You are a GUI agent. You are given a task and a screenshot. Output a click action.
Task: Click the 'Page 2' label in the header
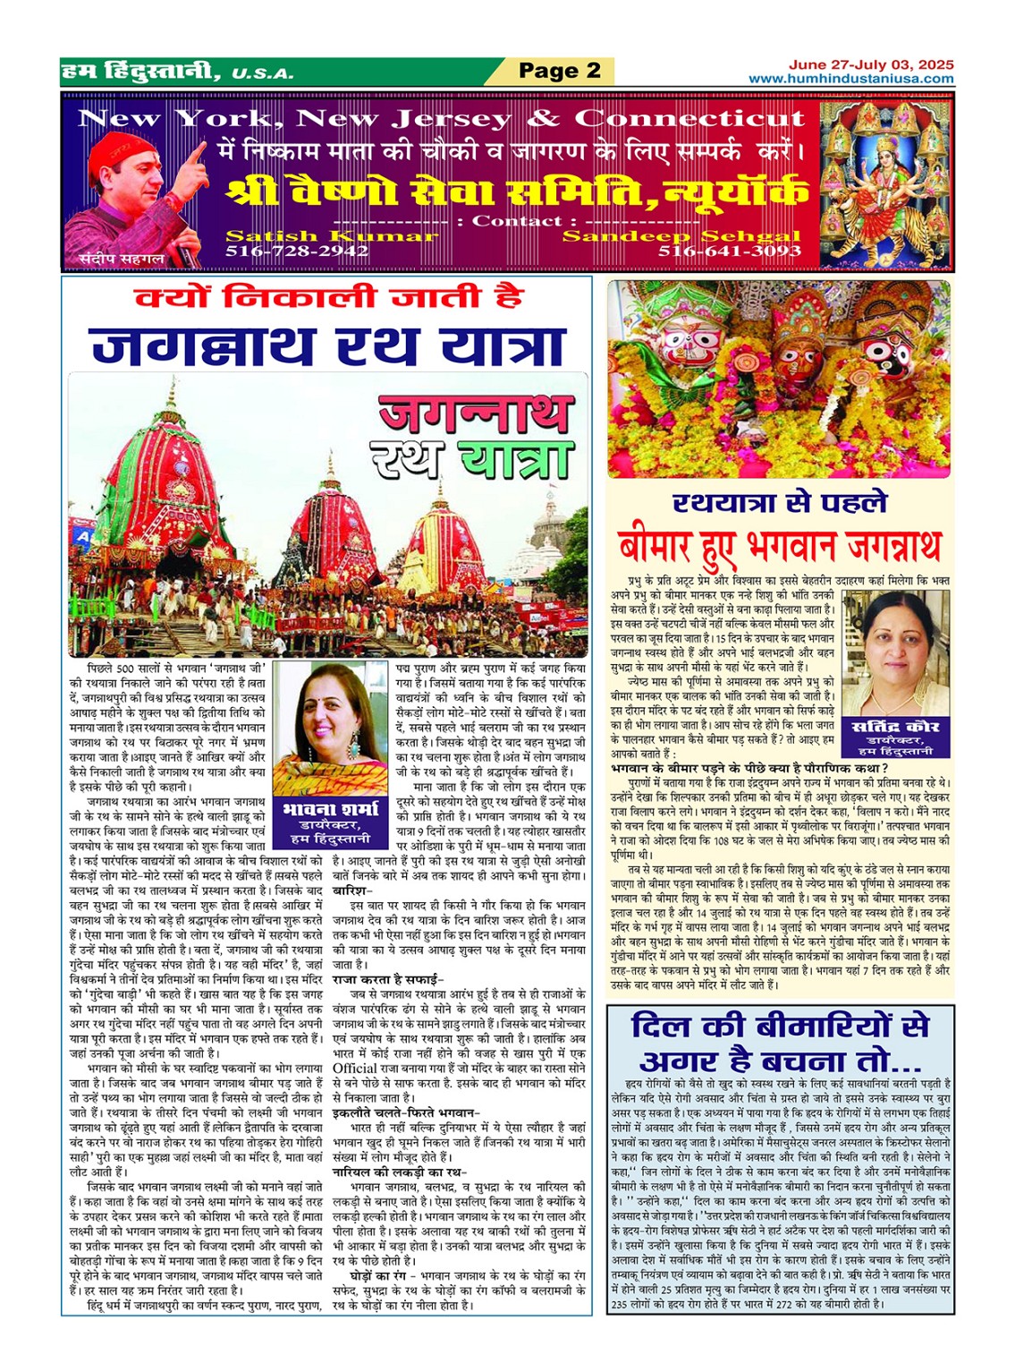click(560, 71)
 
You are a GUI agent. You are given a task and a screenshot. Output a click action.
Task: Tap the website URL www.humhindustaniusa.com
click(850, 79)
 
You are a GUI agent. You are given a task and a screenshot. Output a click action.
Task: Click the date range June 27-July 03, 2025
click(870, 64)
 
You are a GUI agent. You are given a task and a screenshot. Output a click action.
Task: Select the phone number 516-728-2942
click(297, 251)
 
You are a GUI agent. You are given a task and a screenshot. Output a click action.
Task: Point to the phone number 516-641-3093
click(729, 251)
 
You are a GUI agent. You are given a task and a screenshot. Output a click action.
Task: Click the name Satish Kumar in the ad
click(332, 236)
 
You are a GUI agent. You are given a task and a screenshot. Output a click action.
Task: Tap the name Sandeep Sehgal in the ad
click(681, 236)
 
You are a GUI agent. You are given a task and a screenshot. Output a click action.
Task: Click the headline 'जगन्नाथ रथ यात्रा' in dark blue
click(328, 345)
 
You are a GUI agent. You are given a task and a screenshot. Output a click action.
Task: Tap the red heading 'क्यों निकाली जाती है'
click(328, 298)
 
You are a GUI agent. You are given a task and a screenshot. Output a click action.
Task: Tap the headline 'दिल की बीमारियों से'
click(779, 1026)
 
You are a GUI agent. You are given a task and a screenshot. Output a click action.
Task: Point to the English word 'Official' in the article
click(355, 1068)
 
